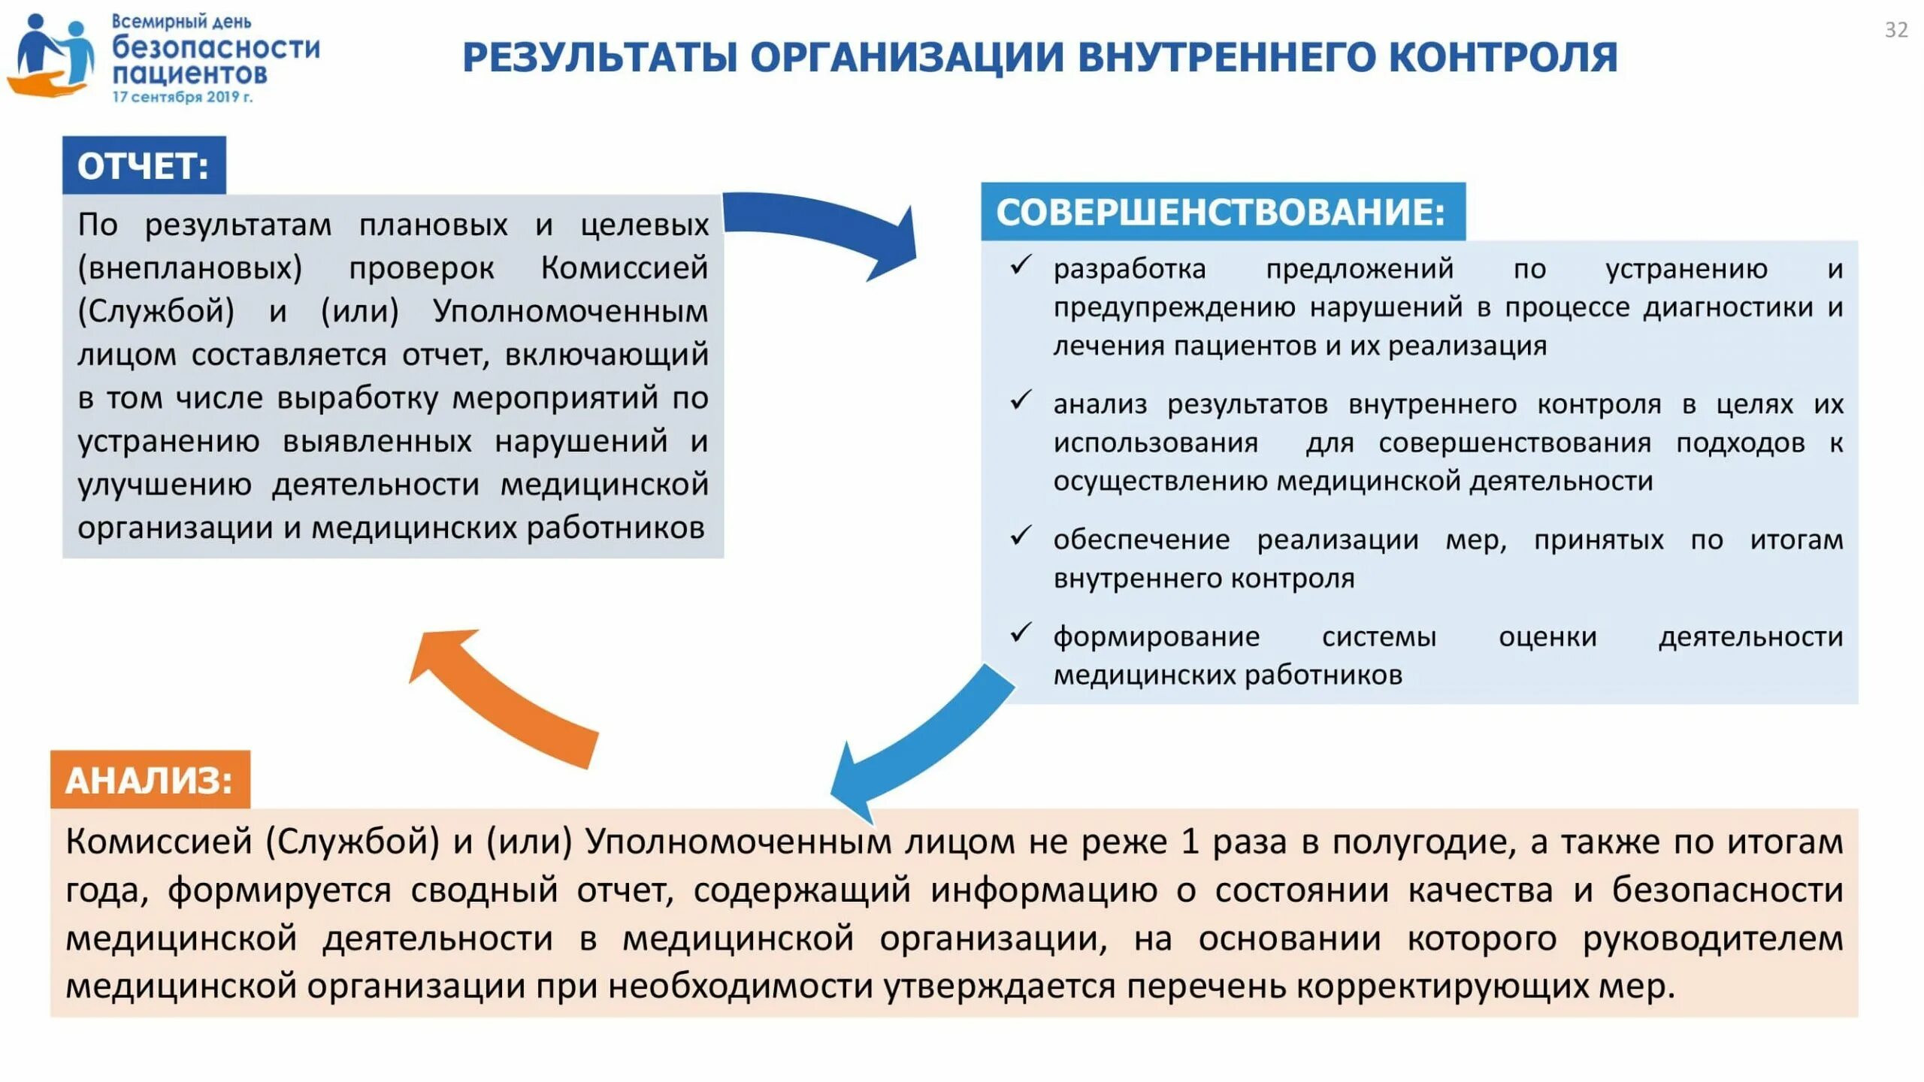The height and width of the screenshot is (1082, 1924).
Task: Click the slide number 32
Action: point(1895,30)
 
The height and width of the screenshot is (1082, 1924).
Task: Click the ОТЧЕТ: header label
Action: point(144,166)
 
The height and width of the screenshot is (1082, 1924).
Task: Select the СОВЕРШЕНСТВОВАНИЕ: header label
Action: point(1221,212)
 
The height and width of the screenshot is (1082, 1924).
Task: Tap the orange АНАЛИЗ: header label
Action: point(150,781)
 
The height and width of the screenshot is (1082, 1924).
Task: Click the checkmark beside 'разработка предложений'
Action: point(1021,265)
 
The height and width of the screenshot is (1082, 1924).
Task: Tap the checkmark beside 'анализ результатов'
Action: point(1021,400)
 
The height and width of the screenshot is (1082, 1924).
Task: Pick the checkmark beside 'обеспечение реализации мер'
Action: point(1021,536)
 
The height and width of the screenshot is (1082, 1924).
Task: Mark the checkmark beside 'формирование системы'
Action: point(1021,633)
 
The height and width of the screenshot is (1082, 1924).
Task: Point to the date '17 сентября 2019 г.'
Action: point(183,97)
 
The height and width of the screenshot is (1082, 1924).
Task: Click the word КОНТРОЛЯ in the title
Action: point(1502,58)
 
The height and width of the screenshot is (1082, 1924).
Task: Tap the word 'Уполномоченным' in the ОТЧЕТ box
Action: point(570,311)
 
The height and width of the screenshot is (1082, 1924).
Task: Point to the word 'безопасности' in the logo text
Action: point(216,47)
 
